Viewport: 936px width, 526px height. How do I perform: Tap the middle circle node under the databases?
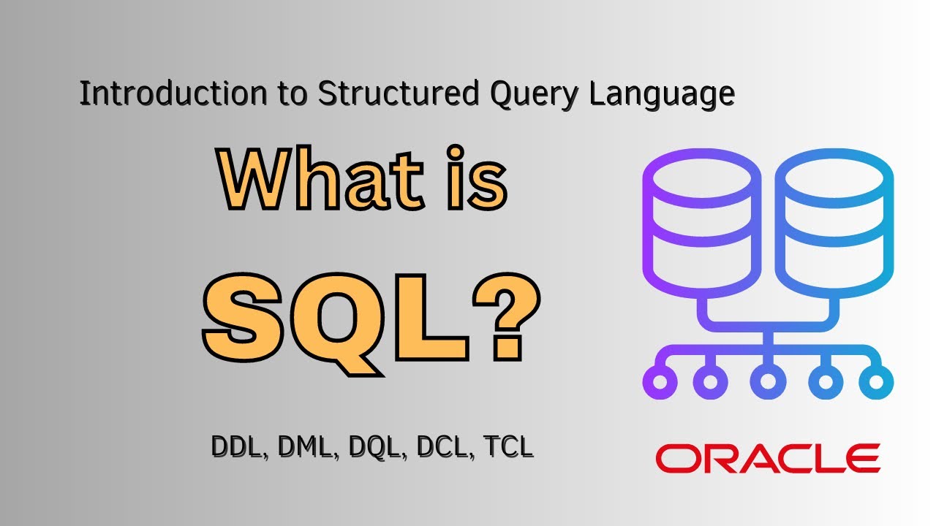tap(767, 381)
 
